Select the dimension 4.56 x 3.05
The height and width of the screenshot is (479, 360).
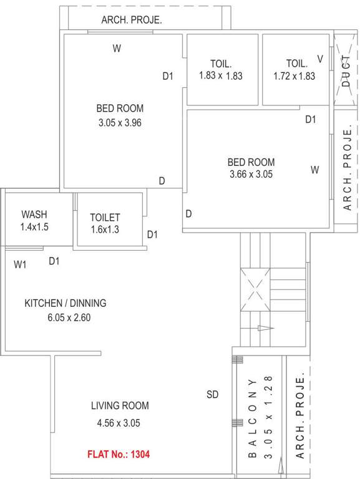[x=119, y=423]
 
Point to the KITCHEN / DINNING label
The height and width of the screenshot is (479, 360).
[x=66, y=303]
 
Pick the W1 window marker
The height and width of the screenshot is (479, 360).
[x=21, y=264]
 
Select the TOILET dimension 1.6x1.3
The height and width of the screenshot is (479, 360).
[x=105, y=230]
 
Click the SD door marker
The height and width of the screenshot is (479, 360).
[x=213, y=394]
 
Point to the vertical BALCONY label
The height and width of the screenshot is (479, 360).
[x=253, y=418]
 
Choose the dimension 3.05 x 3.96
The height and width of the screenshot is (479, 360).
[x=120, y=123]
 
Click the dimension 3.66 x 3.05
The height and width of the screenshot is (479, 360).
[x=251, y=175]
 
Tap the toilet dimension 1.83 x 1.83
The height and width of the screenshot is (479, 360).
[x=220, y=75]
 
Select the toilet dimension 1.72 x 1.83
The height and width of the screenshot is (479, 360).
[x=294, y=75]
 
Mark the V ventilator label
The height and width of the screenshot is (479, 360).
[x=320, y=59]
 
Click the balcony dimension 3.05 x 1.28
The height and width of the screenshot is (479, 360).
[x=270, y=418]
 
